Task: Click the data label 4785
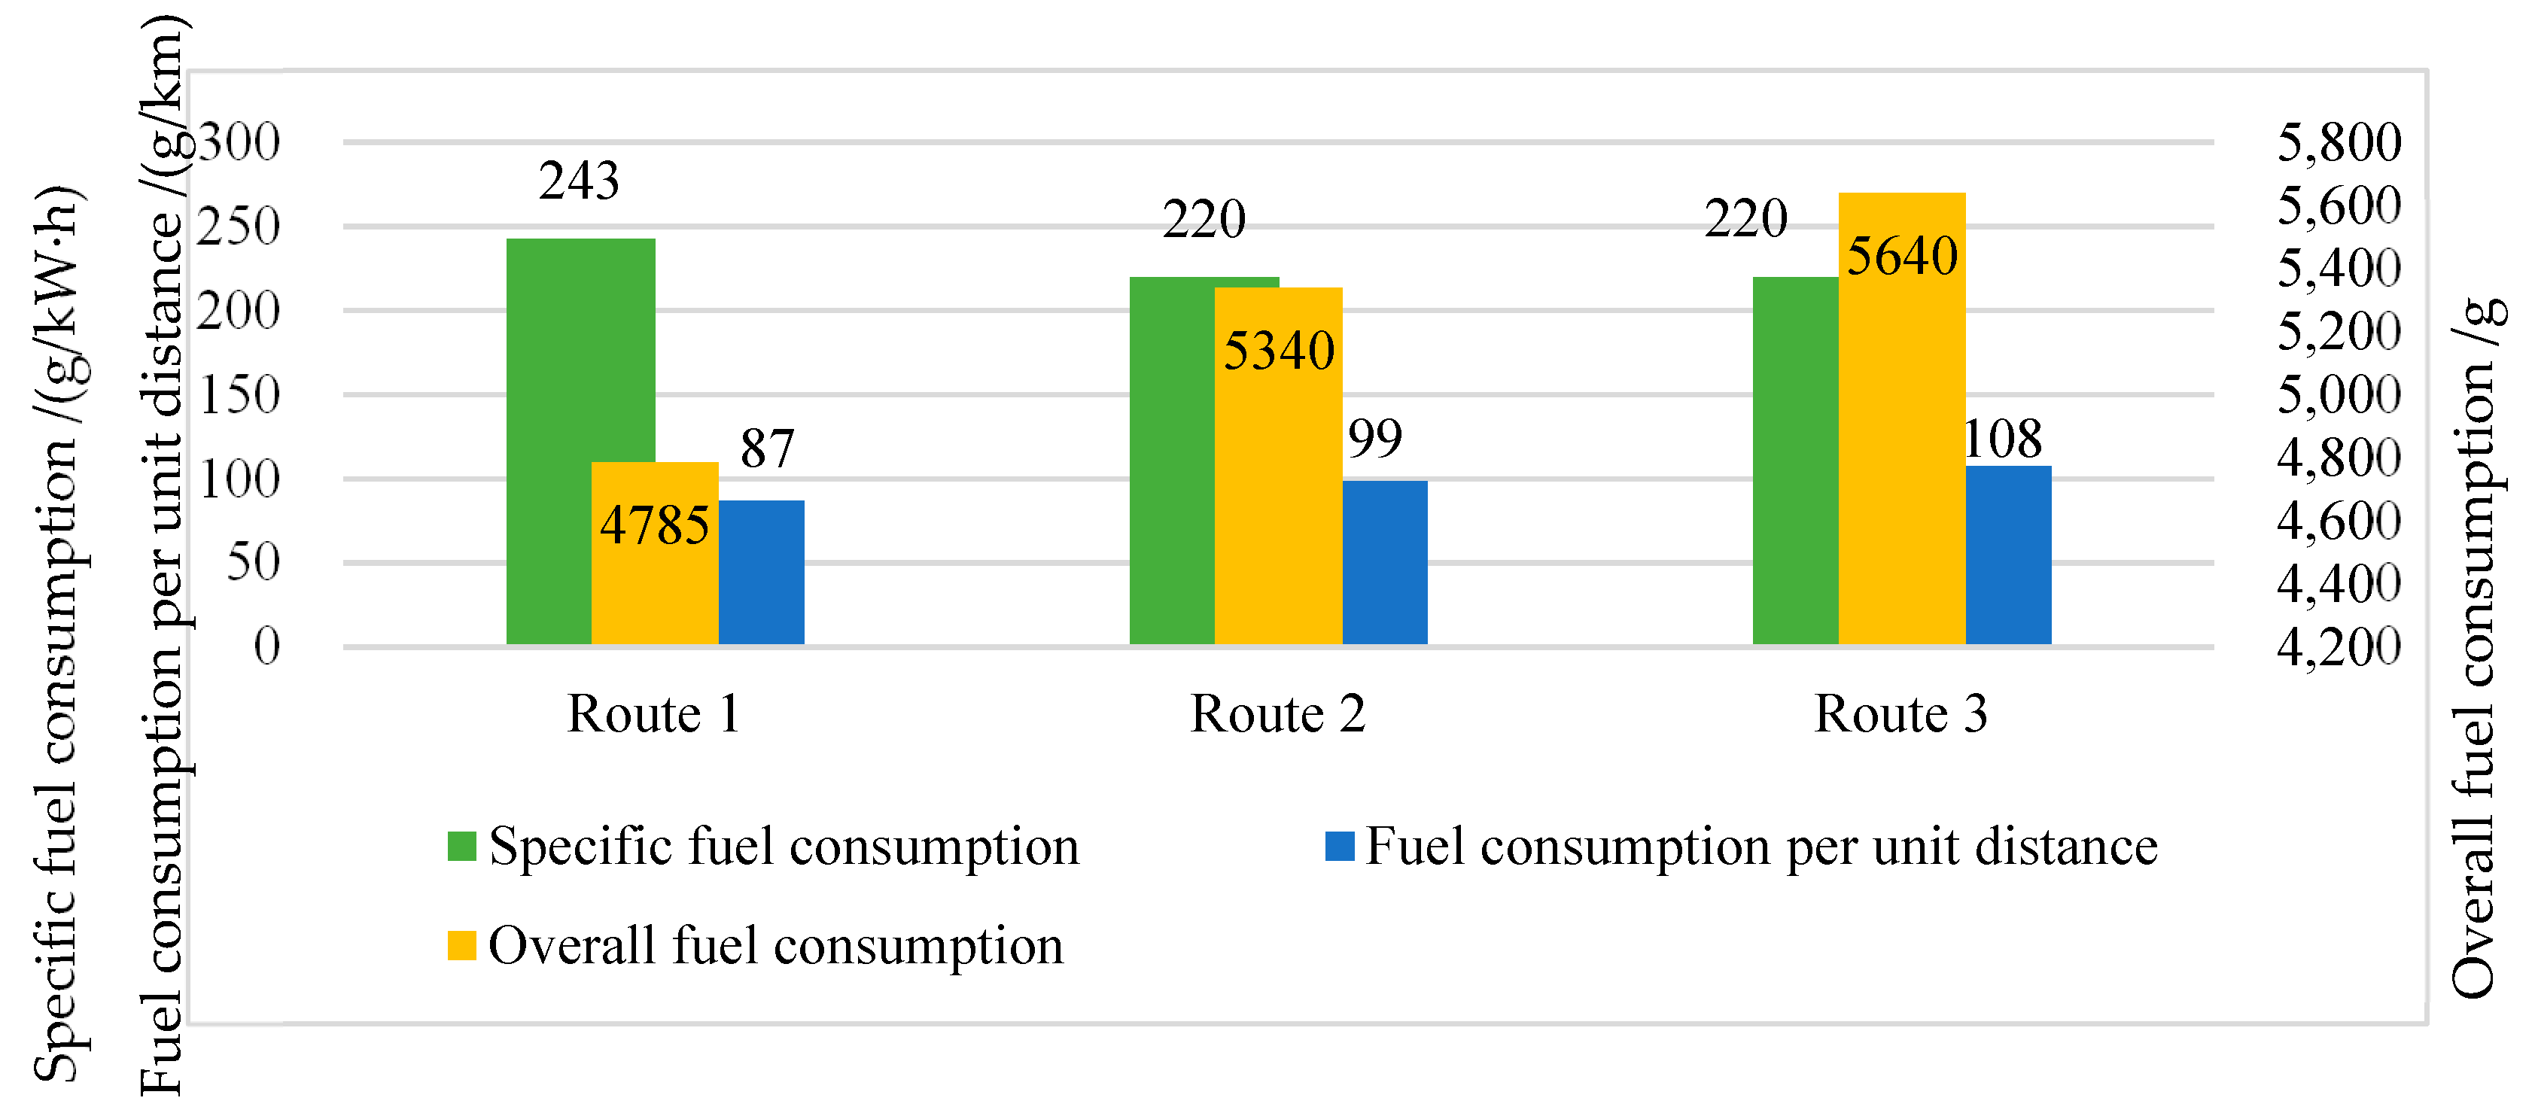(654, 525)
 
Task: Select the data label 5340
(1278, 351)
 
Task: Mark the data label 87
(766, 449)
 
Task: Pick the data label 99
(1374, 438)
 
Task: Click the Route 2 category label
(1278, 713)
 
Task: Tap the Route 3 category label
(1900, 713)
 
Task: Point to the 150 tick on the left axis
(239, 395)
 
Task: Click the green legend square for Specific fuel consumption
(461, 846)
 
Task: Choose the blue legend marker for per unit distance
(1339, 846)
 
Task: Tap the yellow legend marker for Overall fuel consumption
(461, 945)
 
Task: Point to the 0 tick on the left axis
(266, 647)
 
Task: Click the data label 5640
(1900, 256)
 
